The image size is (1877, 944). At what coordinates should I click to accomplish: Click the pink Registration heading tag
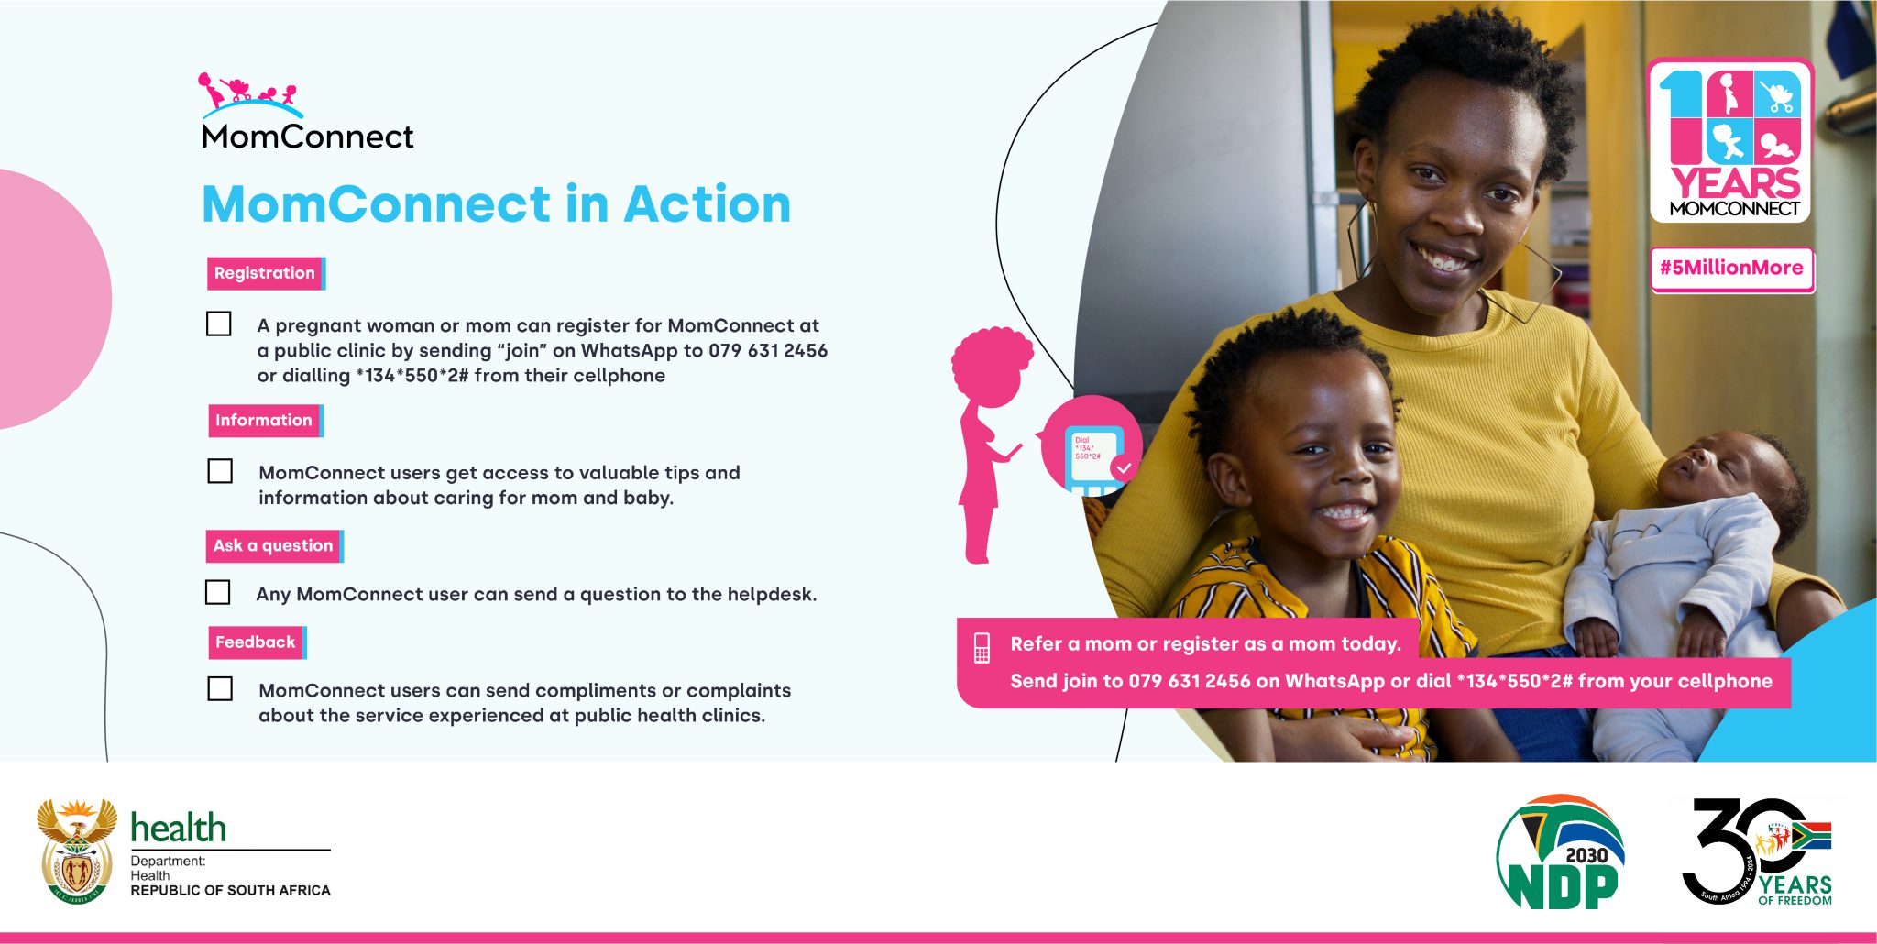click(265, 273)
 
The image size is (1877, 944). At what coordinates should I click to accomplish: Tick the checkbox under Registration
click(219, 324)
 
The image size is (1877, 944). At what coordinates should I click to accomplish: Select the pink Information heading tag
click(264, 421)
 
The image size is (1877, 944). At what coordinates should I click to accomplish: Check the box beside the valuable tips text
click(220, 471)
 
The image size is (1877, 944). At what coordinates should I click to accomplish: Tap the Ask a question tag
click(273, 546)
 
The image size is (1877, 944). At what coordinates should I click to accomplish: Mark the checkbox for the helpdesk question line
click(218, 592)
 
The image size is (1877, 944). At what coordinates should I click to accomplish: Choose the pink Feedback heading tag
click(256, 642)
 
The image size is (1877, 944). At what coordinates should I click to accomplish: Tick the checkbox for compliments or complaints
click(220, 688)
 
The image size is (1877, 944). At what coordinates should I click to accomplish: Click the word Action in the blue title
click(707, 204)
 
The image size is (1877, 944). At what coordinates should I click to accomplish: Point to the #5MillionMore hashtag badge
click(1731, 269)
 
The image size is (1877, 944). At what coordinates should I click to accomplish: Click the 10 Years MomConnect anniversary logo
click(1730, 141)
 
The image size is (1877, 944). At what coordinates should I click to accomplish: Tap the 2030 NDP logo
click(1561, 852)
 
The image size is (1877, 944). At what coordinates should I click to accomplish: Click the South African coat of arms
click(77, 851)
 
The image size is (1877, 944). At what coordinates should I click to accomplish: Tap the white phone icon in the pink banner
click(982, 647)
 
